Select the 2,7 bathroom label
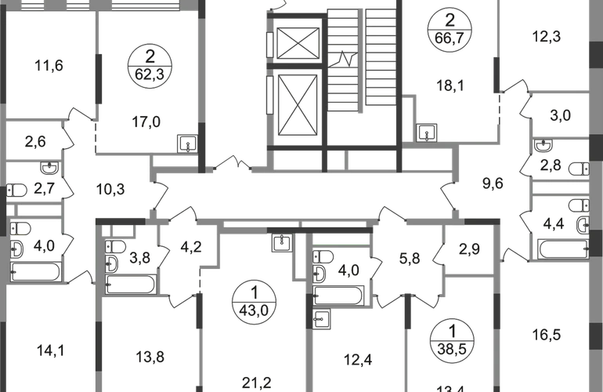pos(42,189)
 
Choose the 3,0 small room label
pos(559,117)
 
